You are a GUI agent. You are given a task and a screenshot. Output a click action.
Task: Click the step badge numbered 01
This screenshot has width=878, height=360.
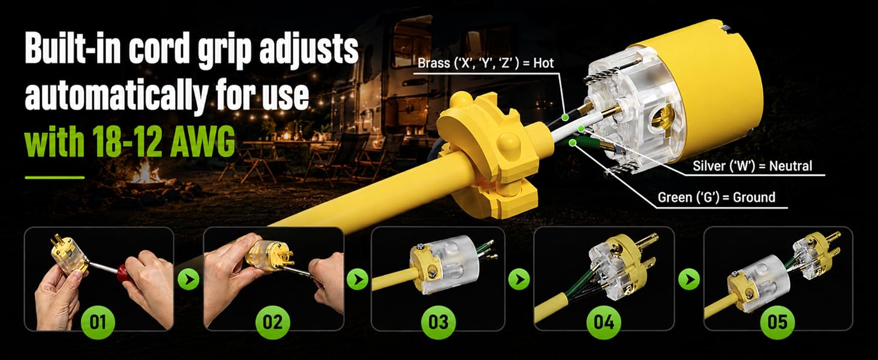tap(98, 322)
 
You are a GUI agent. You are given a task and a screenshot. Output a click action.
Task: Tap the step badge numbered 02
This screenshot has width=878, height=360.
tap(272, 322)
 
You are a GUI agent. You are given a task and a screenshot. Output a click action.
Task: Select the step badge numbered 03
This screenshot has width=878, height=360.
tap(438, 322)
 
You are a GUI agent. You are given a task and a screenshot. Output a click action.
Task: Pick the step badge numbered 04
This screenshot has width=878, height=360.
tap(603, 322)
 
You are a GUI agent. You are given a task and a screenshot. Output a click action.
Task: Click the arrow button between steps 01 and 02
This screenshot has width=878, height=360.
tap(188, 279)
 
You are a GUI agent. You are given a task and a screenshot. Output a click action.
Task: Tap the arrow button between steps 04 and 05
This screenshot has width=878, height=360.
tap(689, 279)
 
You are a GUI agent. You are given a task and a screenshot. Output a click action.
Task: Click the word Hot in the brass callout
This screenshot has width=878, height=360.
tap(543, 64)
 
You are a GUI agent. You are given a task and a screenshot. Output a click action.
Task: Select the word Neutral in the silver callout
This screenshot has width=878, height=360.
tap(790, 166)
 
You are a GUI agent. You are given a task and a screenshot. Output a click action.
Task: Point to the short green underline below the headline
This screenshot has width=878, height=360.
tap(55, 178)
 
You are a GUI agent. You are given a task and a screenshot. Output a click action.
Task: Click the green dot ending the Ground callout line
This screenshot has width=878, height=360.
tap(573, 143)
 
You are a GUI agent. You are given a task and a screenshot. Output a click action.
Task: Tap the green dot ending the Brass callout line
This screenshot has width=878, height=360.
tap(565, 117)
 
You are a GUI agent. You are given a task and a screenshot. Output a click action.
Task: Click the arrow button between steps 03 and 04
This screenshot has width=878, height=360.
tap(519, 279)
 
